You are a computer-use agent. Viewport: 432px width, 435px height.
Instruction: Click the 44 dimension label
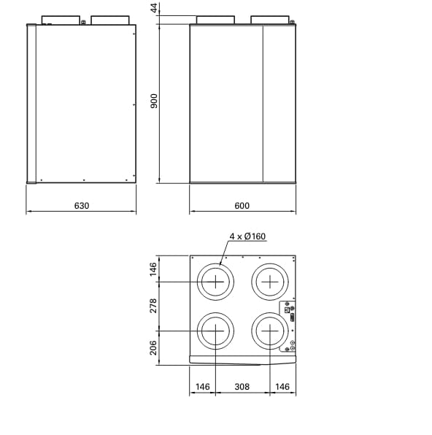pyautogui.click(x=154, y=8)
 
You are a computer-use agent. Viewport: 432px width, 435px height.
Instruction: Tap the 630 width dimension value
pyautogui.click(x=81, y=206)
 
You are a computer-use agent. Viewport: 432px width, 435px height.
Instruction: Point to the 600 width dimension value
pyautogui.click(x=242, y=206)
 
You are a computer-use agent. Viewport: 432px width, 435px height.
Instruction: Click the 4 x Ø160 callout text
pyautogui.click(x=248, y=236)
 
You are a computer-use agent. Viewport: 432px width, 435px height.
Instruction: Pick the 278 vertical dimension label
pyautogui.click(x=154, y=307)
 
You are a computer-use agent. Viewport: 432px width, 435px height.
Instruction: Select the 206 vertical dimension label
pyautogui.click(x=154, y=347)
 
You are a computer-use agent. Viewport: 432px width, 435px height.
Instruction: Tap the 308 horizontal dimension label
pyautogui.click(x=242, y=387)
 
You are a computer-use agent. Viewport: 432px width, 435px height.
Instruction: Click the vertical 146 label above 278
pyautogui.click(x=154, y=269)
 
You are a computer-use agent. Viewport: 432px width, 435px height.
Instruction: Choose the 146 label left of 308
pyautogui.click(x=201, y=387)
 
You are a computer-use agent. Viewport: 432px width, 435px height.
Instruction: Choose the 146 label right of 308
pyautogui.click(x=283, y=387)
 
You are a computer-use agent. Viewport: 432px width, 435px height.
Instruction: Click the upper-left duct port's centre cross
pyautogui.click(x=215, y=282)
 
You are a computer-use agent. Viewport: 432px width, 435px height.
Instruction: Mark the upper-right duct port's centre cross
pyautogui.click(x=270, y=282)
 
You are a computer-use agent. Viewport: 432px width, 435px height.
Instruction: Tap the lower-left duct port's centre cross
pyautogui.click(x=215, y=331)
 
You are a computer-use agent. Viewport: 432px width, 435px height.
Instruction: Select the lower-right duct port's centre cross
pyautogui.click(x=270, y=331)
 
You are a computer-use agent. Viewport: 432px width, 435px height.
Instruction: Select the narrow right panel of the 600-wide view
pyautogui.click(x=279, y=104)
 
